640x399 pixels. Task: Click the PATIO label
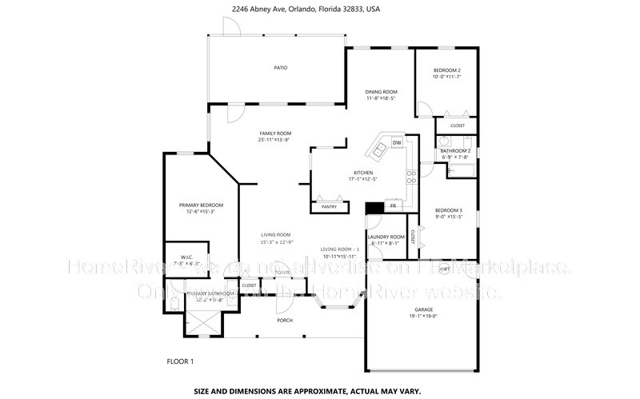(x=280, y=67)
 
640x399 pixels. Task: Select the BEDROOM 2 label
(x=446, y=70)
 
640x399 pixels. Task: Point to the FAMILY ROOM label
(x=274, y=133)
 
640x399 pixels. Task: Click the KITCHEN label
(x=364, y=173)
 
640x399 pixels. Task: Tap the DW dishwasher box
(x=397, y=143)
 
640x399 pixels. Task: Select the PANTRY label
(x=329, y=206)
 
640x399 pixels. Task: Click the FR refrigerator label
(x=393, y=206)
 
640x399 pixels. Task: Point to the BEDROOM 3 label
(x=449, y=209)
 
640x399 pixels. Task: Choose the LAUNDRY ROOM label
(x=383, y=237)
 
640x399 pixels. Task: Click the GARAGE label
(x=423, y=309)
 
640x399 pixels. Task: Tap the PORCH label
(x=285, y=321)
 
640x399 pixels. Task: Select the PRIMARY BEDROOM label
(x=201, y=205)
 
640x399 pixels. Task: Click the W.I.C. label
(x=182, y=257)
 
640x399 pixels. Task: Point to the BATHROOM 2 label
(x=456, y=150)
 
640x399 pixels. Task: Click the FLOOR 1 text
(x=180, y=361)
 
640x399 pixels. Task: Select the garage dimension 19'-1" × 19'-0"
(x=423, y=316)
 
